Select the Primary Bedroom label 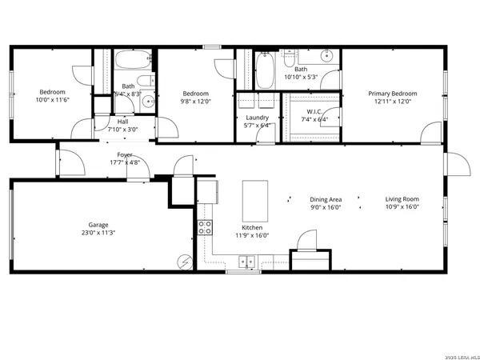(x=393, y=93)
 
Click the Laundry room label (x=257, y=117)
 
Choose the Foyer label (x=125, y=154)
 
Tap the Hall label (x=122, y=121)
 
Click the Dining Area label (x=326, y=199)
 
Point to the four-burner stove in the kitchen (x=205, y=226)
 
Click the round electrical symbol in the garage (x=186, y=262)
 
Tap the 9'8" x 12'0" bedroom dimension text (x=196, y=100)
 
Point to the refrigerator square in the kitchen (x=207, y=191)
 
